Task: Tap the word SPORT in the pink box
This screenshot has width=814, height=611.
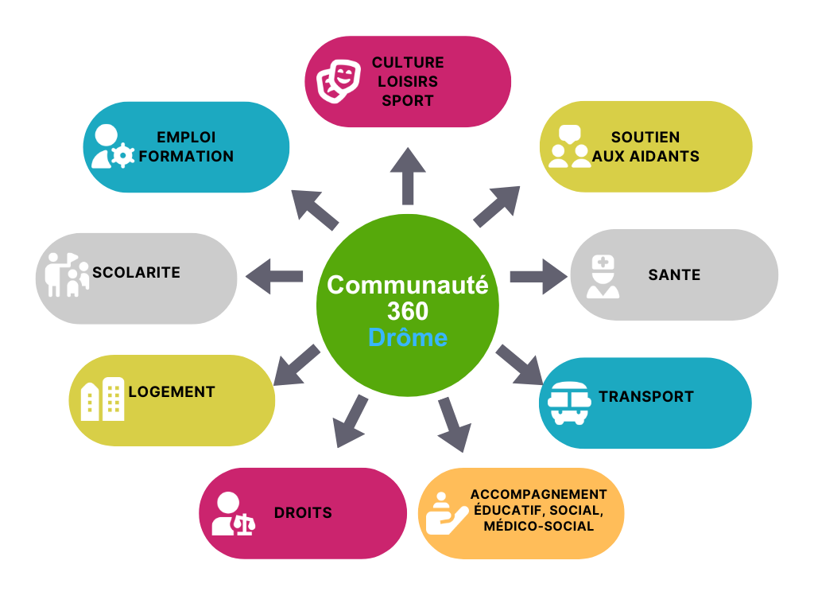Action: point(408,101)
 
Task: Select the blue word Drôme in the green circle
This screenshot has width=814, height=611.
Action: point(408,337)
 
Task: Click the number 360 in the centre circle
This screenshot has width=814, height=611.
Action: point(408,311)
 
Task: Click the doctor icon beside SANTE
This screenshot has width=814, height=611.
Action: point(603,276)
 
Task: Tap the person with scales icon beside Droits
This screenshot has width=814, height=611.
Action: point(232,514)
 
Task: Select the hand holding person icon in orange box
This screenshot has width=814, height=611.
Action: point(446,513)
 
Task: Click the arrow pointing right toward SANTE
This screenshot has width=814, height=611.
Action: point(537,276)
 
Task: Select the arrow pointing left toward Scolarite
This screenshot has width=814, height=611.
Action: point(275,276)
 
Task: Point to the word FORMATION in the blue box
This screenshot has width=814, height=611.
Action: point(187,157)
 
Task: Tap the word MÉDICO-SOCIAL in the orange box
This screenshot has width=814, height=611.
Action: point(539,527)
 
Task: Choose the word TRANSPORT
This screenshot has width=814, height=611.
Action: point(646,396)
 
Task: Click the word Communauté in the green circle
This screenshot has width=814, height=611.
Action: point(408,285)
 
